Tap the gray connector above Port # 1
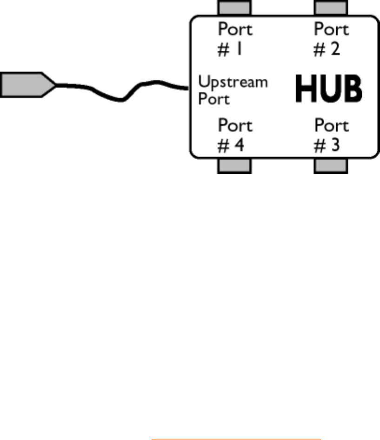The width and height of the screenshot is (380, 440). pos(234,7)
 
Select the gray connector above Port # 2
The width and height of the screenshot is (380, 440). pos(331,7)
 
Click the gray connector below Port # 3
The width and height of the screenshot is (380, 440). pos(331,165)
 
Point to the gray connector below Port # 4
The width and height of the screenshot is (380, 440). pos(234,165)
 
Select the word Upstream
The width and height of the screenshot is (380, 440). pos(233,82)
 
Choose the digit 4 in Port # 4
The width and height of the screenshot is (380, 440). pos(238,145)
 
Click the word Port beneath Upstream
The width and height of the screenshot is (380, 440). pos(214,99)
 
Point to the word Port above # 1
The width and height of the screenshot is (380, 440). pos(235,30)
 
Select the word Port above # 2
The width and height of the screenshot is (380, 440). pos(331,30)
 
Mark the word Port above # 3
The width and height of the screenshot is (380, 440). pos(331,126)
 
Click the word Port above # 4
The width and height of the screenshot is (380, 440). pos(235,126)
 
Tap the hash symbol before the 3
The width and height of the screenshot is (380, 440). pos(320,145)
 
